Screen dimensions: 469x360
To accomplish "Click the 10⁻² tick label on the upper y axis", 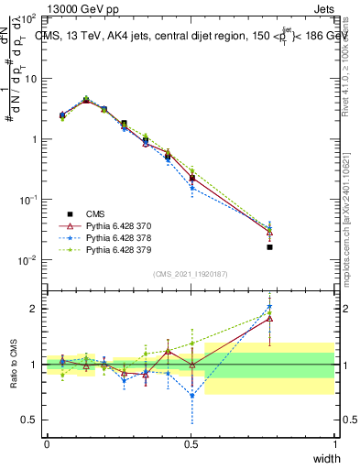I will point(27,260).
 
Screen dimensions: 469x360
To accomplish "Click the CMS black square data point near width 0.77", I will point(269,247).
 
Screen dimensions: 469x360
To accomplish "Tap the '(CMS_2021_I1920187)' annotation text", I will point(191,274).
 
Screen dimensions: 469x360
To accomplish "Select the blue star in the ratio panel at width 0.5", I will point(191,396).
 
